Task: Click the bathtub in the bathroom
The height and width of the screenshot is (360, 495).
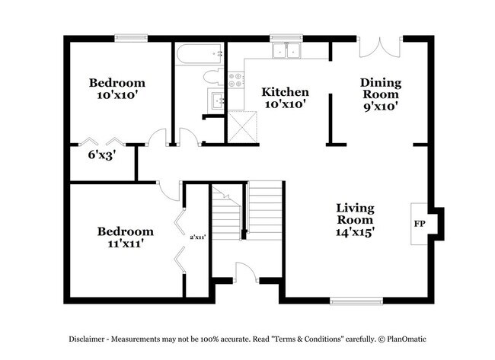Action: coord(200,54)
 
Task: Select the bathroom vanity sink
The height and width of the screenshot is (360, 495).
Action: coord(216,100)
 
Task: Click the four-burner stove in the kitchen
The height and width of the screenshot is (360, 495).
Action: coord(236,78)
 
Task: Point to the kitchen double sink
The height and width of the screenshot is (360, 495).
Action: coord(288,51)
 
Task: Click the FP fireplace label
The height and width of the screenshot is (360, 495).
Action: coord(419,225)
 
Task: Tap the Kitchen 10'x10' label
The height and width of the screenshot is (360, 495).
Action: coord(285,98)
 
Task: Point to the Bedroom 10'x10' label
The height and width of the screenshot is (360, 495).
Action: coord(117,89)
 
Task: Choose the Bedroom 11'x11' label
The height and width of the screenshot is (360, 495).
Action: coord(125,237)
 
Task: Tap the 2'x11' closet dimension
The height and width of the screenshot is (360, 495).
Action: coord(198,237)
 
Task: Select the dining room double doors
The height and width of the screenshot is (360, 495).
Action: coord(378,47)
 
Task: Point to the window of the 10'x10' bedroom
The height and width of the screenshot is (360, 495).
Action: coord(131,37)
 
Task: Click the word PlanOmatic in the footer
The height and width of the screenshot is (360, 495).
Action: coord(412,338)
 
